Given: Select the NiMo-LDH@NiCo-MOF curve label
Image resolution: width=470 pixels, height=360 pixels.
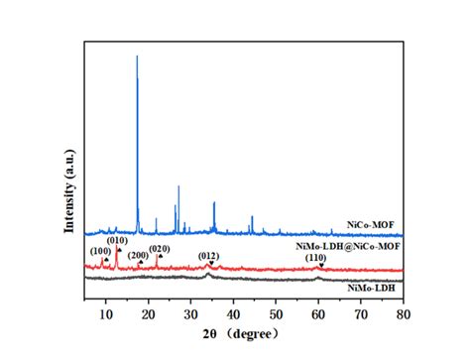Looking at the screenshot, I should (348, 244).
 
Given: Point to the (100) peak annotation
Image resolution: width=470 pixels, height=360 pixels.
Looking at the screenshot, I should (100, 252).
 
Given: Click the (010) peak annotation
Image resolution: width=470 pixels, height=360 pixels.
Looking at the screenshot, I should (118, 240).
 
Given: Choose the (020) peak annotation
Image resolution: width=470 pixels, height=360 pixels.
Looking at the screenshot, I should (160, 248).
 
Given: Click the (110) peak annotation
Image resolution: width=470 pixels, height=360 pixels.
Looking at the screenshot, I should (315, 258).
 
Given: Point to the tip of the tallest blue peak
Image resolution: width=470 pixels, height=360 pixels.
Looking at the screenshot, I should (137, 57).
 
